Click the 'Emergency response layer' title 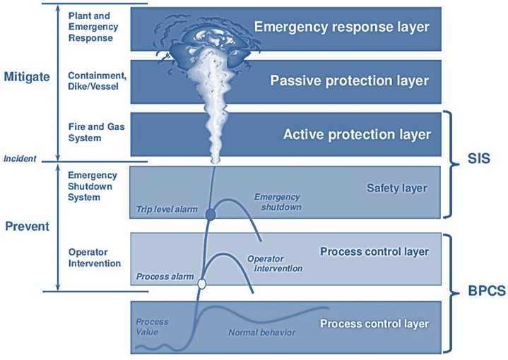341,28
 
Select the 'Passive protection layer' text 349,80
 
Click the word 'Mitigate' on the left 26,76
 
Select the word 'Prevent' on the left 26,227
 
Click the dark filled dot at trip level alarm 210,214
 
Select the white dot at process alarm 203,284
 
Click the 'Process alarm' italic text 164,276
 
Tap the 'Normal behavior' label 261,332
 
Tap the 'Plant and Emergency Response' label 90,27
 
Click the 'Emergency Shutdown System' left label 93,186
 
